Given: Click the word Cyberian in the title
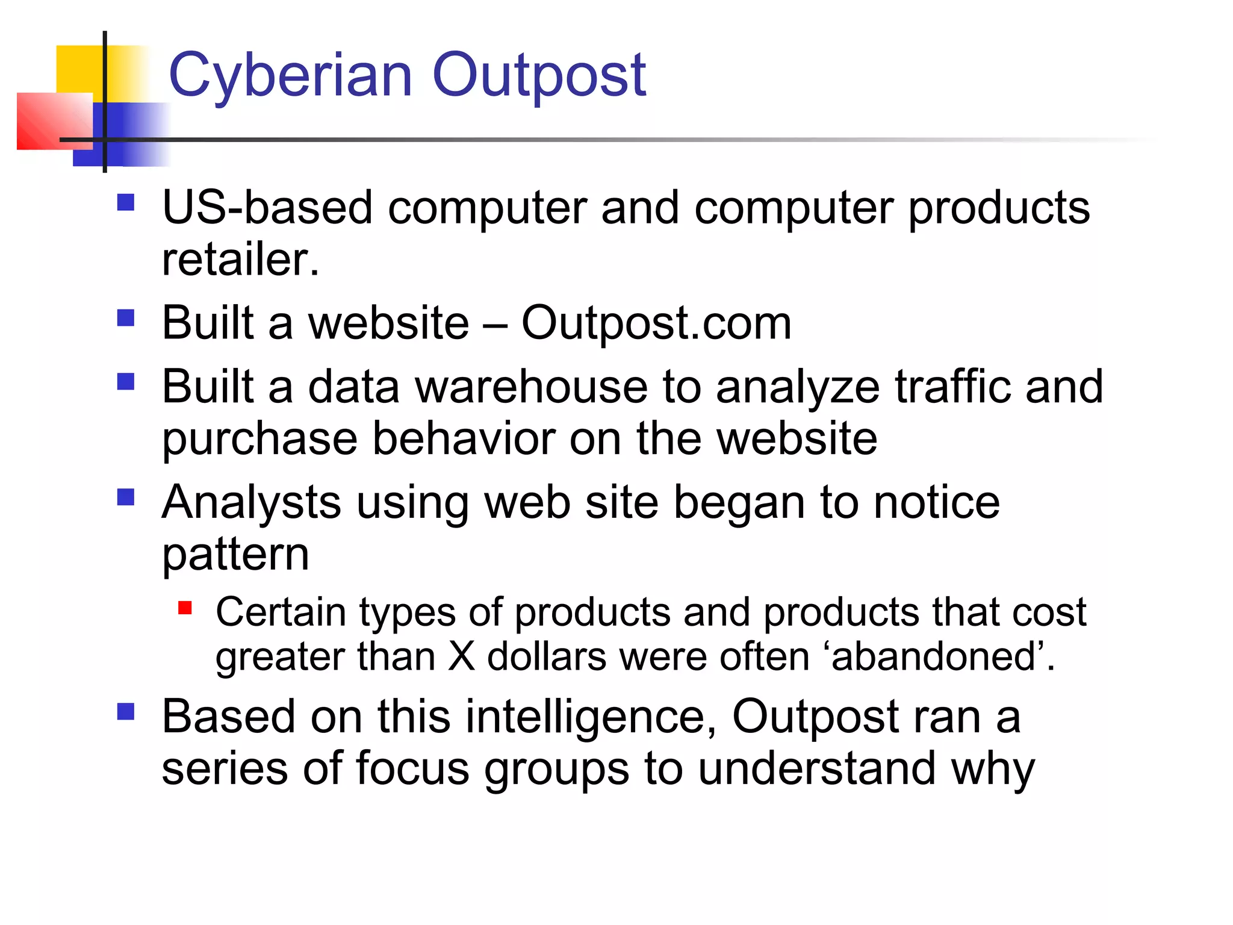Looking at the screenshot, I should (x=290, y=76).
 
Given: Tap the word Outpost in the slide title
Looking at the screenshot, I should (x=539, y=76).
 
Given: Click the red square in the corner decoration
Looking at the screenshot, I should (x=54, y=121).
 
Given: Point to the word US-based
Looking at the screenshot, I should (x=267, y=208).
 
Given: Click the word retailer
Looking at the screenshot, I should (x=240, y=260).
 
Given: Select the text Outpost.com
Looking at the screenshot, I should (x=656, y=323).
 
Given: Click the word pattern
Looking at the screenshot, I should (x=235, y=555).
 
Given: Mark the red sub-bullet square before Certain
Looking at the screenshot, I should (x=185, y=608).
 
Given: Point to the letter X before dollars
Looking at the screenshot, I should (x=462, y=656).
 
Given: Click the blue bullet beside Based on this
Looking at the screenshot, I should (x=125, y=712).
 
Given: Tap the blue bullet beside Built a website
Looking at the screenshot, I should (x=125, y=317).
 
